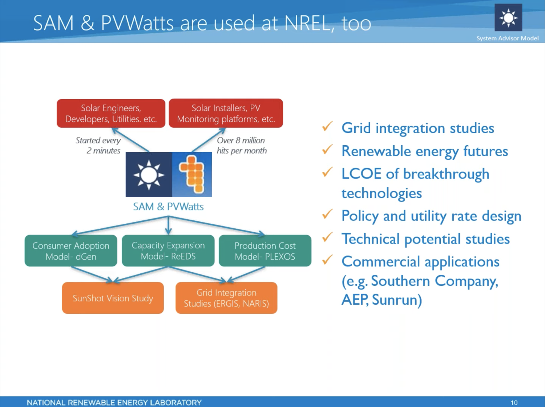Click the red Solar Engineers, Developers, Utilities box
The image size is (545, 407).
[x=111, y=113]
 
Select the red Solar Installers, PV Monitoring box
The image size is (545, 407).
[x=226, y=113]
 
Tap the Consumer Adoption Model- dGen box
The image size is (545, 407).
[x=71, y=251]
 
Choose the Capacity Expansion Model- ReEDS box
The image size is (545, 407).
[x=168, y=251]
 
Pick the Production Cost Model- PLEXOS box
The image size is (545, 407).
[x=265, y=251]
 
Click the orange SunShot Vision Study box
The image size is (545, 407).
[x=113, y=298]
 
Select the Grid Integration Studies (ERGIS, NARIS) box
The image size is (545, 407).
[x=226, y=298]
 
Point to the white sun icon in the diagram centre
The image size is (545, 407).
[x=149, y=175]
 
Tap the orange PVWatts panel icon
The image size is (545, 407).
[x=192, y=174]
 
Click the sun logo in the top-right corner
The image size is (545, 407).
[x=508, y=18]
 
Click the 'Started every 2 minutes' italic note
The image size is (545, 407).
[x=98, y=145]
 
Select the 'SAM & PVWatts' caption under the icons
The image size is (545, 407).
[x=168, y=207]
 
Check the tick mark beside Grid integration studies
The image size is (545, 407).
[x=327, y=126]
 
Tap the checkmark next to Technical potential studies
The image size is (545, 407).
[x=327, y=237]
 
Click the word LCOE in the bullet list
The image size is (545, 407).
[x=362, y=174]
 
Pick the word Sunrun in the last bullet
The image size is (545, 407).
[x=397, y=300]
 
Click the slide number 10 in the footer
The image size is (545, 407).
[x=514, y=403]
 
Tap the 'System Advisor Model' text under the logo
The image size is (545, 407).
[x=508, y=38]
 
